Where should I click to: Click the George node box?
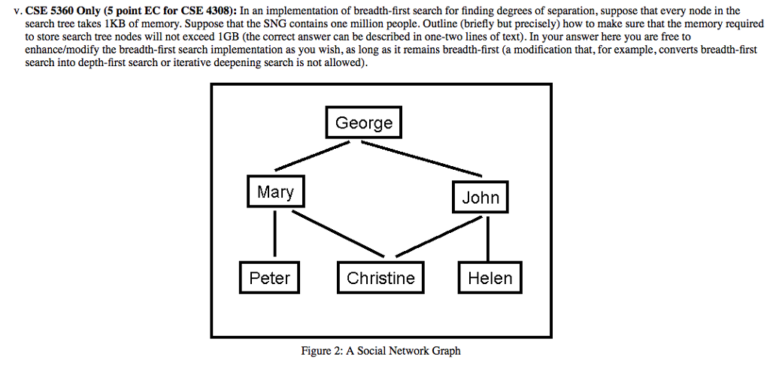tap(364, 123)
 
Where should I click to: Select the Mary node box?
tap(275, 192)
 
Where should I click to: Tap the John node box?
tap(480, 198)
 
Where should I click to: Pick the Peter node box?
tap(269, 278)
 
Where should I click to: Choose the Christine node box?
tap(380, 278)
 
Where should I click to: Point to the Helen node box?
tap(490, 278)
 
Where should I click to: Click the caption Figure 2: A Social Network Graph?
tap(380, 351)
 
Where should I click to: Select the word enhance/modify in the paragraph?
tap(56, 49)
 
